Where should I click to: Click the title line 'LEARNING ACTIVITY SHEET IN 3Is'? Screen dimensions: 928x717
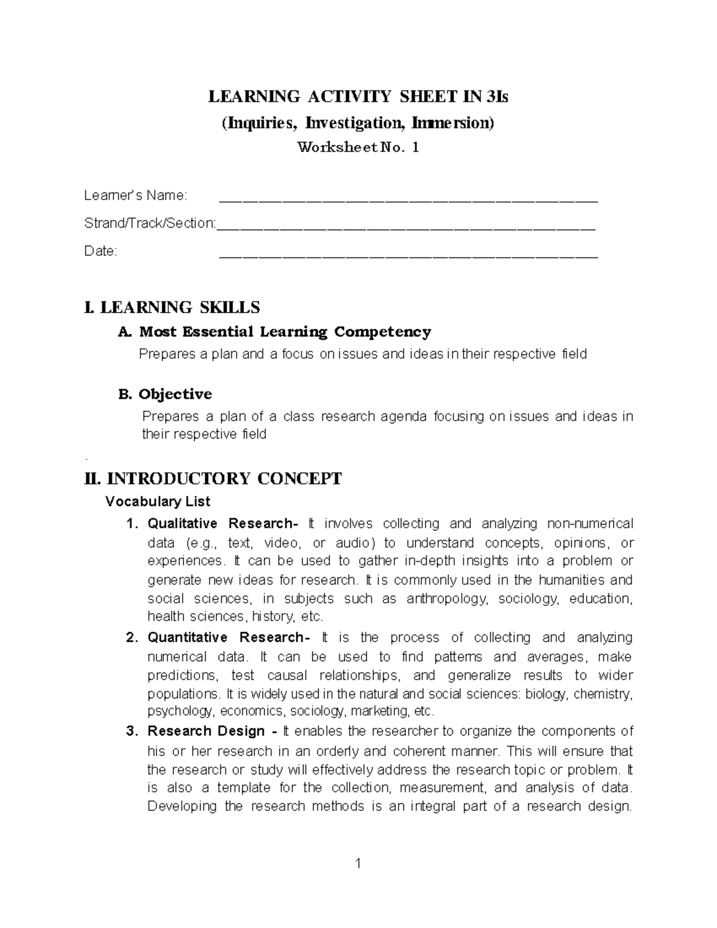(358, 97)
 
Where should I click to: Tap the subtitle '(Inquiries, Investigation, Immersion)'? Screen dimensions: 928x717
(358, 123)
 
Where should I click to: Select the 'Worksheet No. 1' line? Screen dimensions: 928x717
(358, 147)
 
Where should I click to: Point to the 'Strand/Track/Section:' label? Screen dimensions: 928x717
(150, 223)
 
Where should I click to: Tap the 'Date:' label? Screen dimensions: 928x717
(101, 251)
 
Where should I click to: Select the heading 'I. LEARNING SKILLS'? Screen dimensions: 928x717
(172, 307)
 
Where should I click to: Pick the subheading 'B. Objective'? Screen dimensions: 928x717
(166, 394)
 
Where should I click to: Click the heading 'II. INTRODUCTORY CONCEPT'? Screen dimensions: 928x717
(213, 479)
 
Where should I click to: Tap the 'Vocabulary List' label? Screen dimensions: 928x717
(158, 501)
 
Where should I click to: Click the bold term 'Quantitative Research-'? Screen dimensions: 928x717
(229, 638)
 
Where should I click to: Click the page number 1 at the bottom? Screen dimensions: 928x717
(358, 863)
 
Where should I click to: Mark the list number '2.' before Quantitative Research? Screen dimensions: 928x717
(132, 638)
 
